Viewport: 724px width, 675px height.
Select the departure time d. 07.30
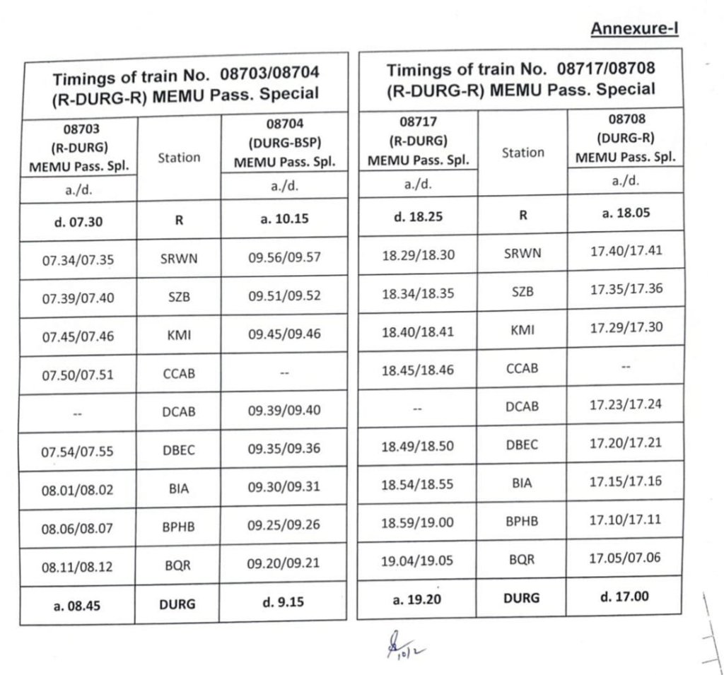tap(78, 221)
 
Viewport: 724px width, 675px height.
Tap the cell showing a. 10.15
tap(284, 219)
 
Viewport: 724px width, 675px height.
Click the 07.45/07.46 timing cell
tap(78, 336)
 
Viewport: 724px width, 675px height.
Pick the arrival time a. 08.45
tap(78, 605)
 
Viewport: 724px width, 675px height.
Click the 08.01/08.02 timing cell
tap(78, 490)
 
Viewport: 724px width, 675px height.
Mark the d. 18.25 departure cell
tap(417, 216)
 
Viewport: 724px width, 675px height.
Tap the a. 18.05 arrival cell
tap(626, 213)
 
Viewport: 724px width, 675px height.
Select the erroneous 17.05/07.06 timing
tap(626, 558)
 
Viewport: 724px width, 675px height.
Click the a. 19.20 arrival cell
tap(417, 599)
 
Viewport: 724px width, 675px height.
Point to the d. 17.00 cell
tap(625, 596)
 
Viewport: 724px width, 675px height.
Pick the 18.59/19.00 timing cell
tap(417, 523)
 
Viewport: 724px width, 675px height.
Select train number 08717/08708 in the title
tap(606, 69)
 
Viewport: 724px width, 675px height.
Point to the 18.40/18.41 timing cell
tap(417, 331)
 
